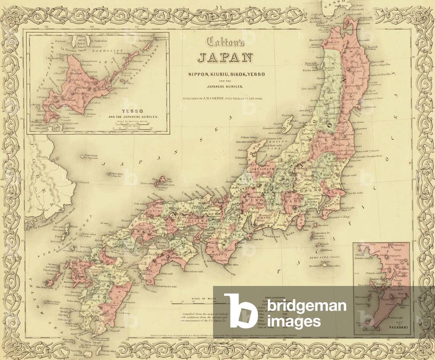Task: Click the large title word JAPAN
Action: point(225,57)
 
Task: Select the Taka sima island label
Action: point(91,156)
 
